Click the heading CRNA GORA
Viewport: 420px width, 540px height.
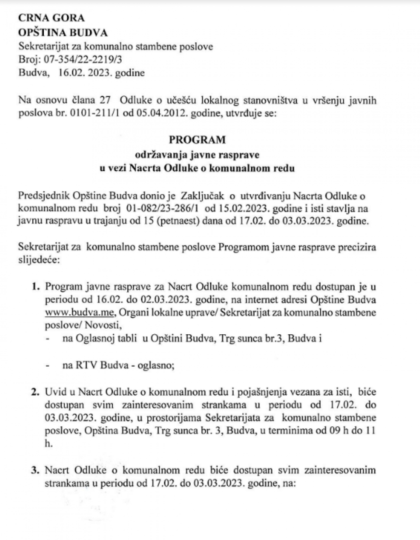[51, 18]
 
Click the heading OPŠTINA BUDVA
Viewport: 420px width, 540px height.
[63, 32]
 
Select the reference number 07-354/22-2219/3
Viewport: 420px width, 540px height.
[81, 60]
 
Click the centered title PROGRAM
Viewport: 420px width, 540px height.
[197, 140]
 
